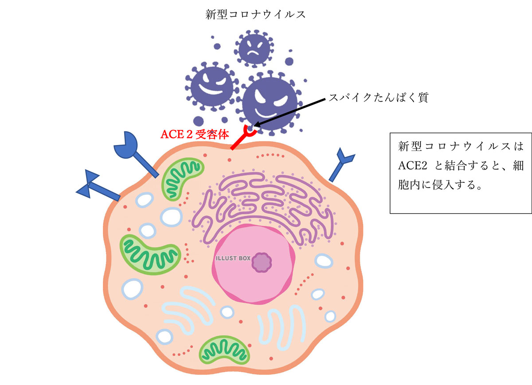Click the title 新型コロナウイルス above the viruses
(x=255, y=14)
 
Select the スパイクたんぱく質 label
(x=378, y=98)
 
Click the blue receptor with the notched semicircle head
(x=133, y=151)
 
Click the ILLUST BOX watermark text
(x=233, y=258)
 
